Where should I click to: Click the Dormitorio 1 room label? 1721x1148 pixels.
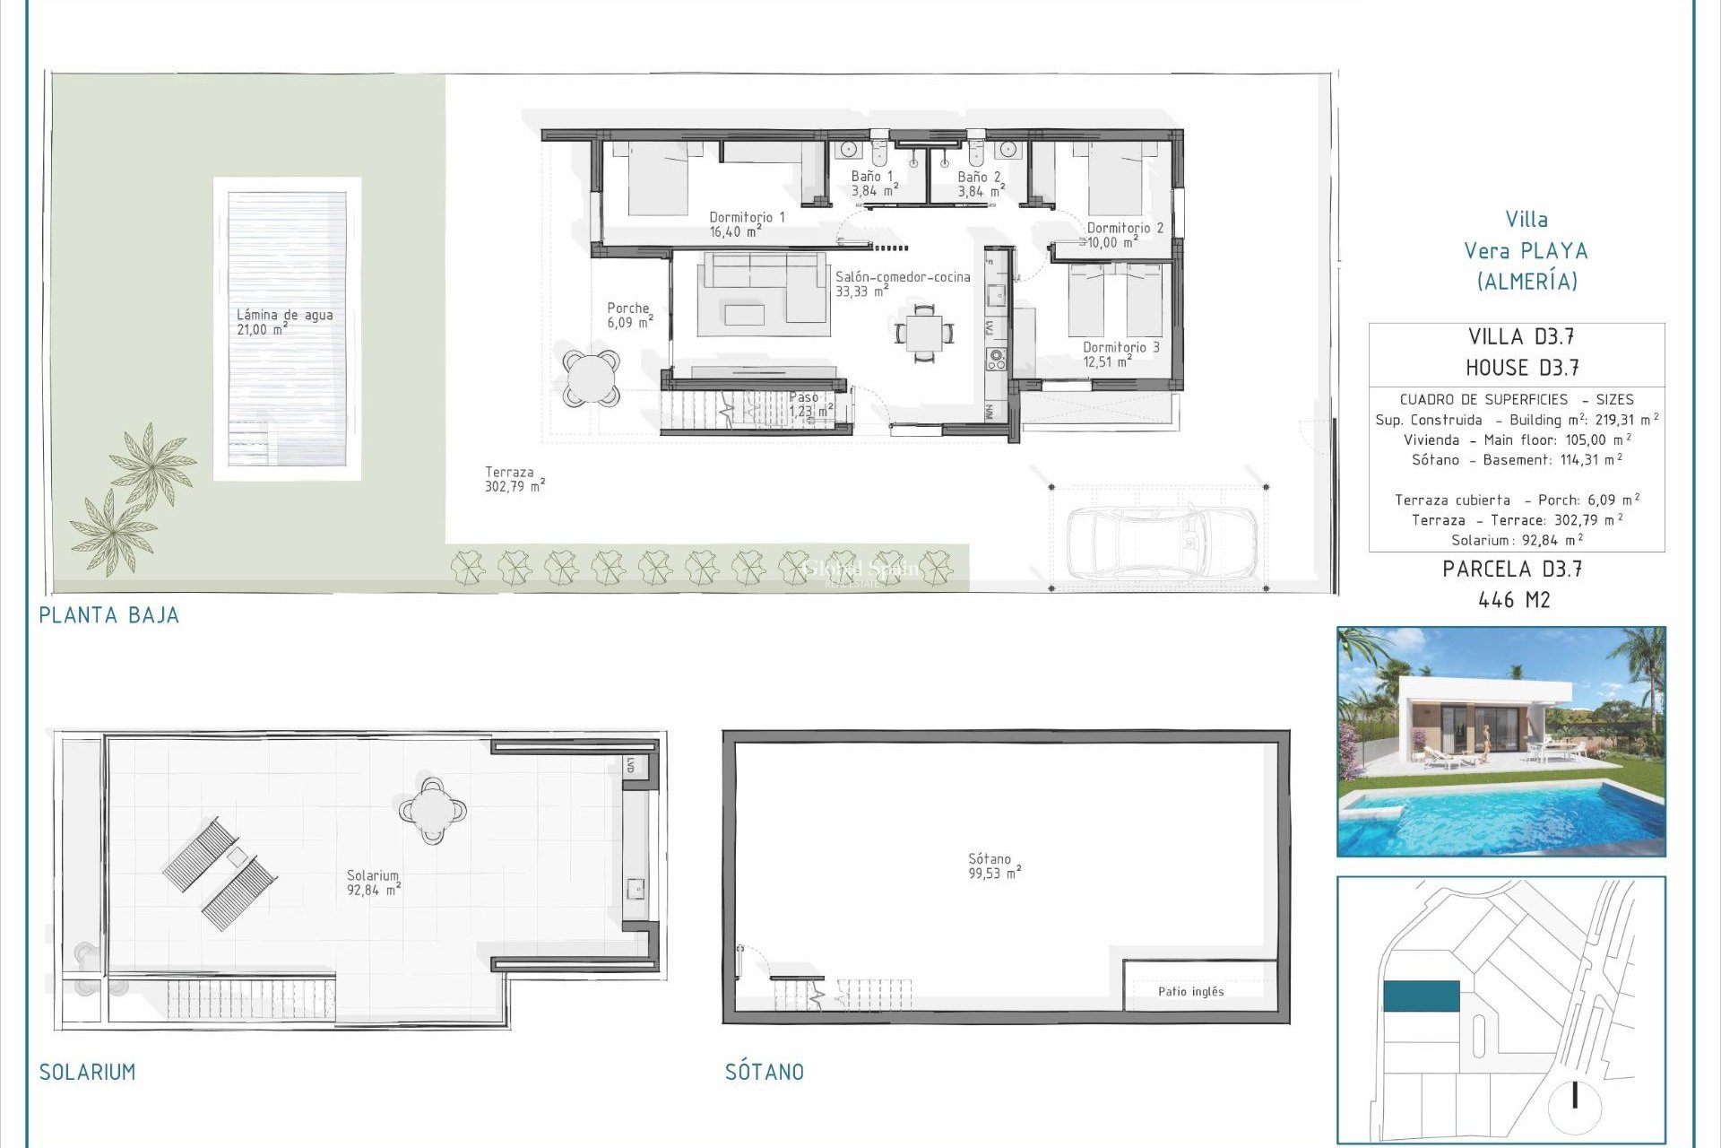pyautogui.click(x=746, y=224)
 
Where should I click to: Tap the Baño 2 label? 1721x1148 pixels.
pyautogui.click(x=980, y=184)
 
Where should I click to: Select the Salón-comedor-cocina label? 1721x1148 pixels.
pyautogui.click(x=902, y=283)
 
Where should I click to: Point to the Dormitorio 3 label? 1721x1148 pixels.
pyautogui.click(x=1120, y=354)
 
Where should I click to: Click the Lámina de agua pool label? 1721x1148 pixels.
pyautogui.click(x=284, y=321)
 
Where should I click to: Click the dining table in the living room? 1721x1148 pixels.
pyautogui.click(x=924, y=333)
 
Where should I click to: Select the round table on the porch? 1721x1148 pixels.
pyautogui.click(x=591, y=378)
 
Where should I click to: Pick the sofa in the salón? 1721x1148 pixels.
pyautogui.click(x=762, y=287)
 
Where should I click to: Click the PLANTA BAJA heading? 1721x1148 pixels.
pyautogui.click(x=109, y=615)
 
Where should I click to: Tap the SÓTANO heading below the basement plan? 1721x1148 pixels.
pyautogui.click(x=764, y=1072)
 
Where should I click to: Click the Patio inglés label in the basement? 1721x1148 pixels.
pyautogui.click(x=1190, y=991)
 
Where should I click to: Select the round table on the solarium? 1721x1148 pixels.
pyautogui.click(x=432, y=811)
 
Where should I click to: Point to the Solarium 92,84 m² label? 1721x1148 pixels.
pyautogui.click(x=373, y=883)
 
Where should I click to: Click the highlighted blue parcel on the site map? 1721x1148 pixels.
pyautogui.click(x=1421, y=996)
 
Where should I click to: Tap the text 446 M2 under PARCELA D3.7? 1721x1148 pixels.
pyautogui.click(x=1513, y=600)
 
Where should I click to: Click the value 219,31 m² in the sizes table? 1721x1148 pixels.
pyautogui.click(x=1626, y=420)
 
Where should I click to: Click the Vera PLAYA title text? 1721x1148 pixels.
pyautogui.click(x=1525, y=251)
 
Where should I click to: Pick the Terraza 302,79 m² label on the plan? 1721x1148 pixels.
pyautogui.click(x=514, y=479)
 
